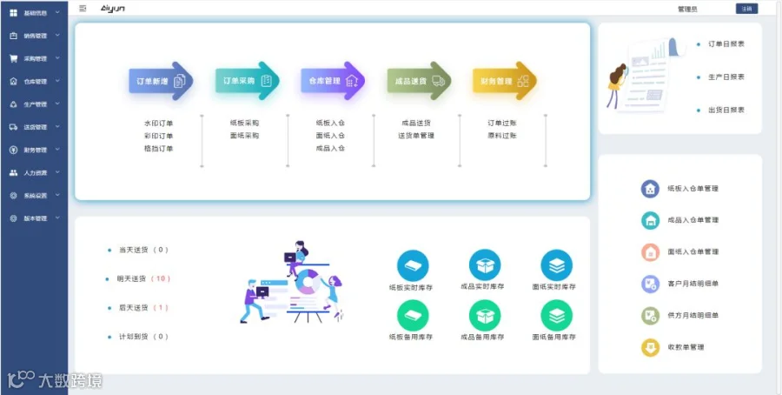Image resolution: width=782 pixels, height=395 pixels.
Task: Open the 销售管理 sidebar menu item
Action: coord(35,36)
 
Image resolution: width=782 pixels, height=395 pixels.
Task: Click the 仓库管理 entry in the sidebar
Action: coord(35,81)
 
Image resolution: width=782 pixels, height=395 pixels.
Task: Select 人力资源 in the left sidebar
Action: coord(35,172)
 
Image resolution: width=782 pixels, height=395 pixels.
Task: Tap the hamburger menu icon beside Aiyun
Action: coord(83,8)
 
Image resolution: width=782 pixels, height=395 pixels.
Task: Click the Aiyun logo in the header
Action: coord(114,8)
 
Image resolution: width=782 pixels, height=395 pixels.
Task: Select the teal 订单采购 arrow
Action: coord(246,81)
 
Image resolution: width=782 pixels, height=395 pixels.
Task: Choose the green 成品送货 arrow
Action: coord(417,81)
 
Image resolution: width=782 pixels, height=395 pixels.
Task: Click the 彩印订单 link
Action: coord(159,136)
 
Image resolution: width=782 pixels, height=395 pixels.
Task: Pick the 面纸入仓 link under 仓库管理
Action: coord(330,136)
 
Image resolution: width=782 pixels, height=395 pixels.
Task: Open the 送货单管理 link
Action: coord(416,136)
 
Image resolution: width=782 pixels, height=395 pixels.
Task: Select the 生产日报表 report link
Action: coord(726,77)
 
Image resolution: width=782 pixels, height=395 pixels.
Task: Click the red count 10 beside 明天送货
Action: coord(161,278)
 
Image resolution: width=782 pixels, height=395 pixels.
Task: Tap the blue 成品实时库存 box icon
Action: coord(484,264)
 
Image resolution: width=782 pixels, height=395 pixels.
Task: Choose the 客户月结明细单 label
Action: coord(693,284)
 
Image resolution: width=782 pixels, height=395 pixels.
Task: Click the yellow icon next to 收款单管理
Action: coord(649,347)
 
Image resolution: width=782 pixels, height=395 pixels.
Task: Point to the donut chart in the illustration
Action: coord(305,282)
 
